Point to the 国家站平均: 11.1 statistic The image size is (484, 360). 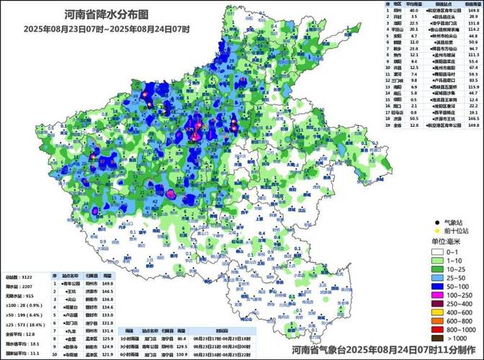pos(22,354)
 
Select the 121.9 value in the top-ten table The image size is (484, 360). pos(108,354)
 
